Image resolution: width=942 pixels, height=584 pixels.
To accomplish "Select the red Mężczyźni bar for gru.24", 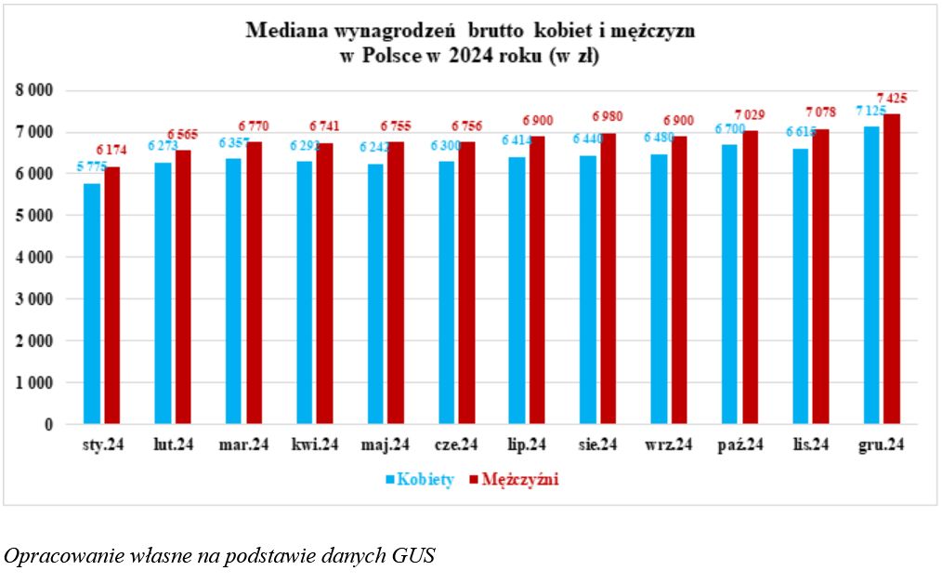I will click(x=892, y=270).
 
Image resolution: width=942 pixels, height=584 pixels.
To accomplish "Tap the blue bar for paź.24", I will click(x=729, y=285).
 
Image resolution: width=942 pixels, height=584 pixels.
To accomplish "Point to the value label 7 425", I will click(x=892, y=98).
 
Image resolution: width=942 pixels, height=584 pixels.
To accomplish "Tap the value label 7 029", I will click(x=749, y=114).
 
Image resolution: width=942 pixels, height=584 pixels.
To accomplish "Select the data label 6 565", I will click(x=184, y=134).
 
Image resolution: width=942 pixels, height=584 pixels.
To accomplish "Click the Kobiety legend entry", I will click(x=419, y=480).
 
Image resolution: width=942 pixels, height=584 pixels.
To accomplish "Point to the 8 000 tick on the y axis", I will click(x=33, y=90).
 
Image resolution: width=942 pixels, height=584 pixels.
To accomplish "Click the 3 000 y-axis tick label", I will click(x=33, y=299).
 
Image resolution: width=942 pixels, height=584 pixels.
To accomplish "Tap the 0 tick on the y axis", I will click(x=47, y=424).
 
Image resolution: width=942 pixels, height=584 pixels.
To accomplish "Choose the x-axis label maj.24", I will click(x=385, y=446).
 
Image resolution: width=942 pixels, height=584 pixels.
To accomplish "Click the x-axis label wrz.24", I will click(x=670, y=446).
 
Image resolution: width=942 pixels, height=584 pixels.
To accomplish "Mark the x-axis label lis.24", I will click(x=811, y=446).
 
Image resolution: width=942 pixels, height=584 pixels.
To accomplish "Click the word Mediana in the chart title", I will click(x=279, y=31).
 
